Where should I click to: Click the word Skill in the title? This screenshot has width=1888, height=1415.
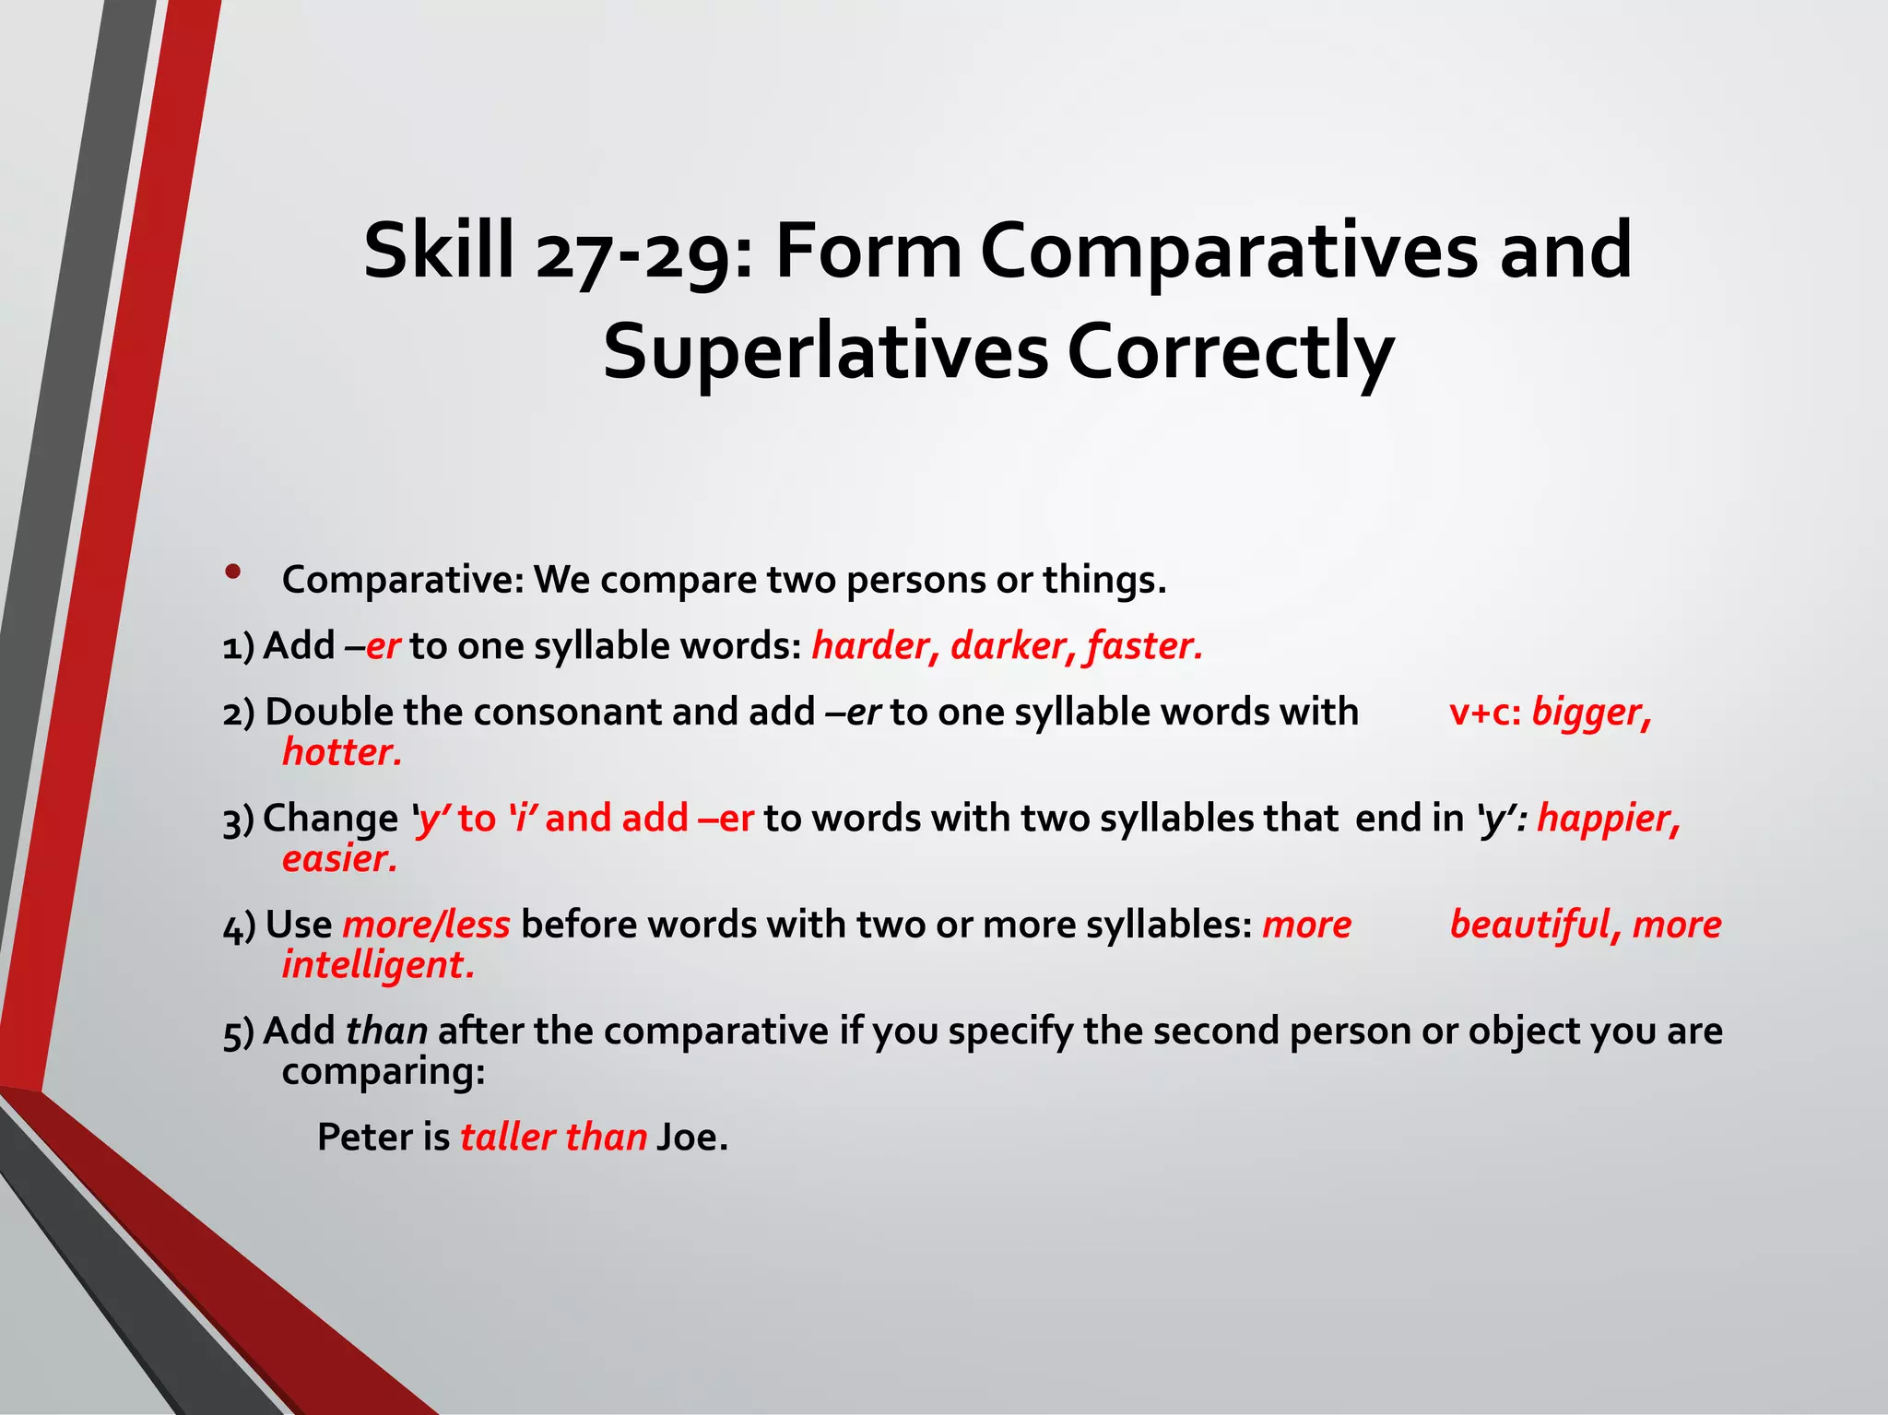click(x=439, y=251)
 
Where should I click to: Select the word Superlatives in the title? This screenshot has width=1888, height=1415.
click(x=825, y=352)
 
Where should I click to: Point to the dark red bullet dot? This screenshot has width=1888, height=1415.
click(x=233, y=572)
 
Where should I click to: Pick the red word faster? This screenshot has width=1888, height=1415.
click(x=1144, y=645)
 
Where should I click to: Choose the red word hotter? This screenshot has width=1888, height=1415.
click(x=342, y=752)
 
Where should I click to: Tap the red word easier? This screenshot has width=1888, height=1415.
click(x=339, y=858)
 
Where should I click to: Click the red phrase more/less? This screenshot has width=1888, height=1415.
click(x=426, y=925)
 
